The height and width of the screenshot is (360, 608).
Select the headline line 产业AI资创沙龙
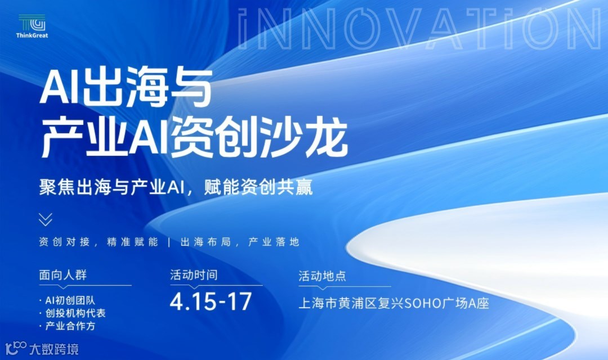[x=194, y=138]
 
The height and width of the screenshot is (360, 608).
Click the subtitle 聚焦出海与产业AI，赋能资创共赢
[x=176, y=187]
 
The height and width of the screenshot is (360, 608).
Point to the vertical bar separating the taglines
[x=169, y=242]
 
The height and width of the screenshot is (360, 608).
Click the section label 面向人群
[x=63, y=276]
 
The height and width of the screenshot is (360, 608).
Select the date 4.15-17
[x=210, y=302]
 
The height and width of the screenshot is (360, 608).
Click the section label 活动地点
[x=322, y=276]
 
